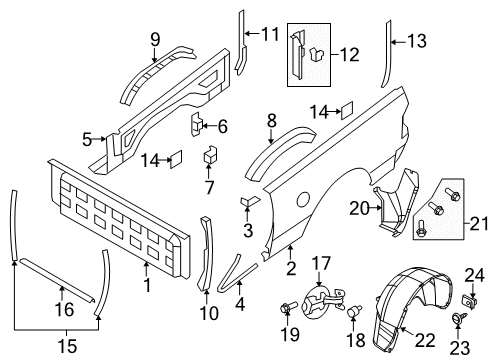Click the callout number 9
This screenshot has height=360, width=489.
[155, 39]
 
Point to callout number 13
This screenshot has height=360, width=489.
[416, 41]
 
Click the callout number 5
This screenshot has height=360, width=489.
[87, 138]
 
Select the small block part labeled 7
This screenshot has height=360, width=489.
[211, 155]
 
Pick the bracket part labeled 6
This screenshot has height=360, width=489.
[199, 123]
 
